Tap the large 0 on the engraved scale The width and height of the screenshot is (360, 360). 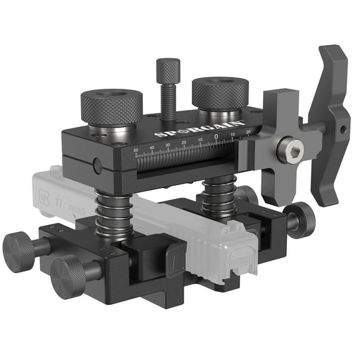click(x=216, y=136)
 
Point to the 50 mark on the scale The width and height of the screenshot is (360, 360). click(x=136, y=151)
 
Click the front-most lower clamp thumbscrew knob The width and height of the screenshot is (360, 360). click(x=67, y=276)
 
